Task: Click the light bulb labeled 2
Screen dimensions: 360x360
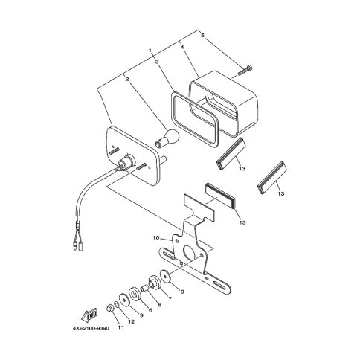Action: click(x=167, y=138)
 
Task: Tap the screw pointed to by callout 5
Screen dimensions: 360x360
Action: click(x=245, y=70)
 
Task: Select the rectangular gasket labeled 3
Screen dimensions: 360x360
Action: click(x=195, y=118)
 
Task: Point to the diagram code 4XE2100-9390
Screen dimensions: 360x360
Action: click(x=91, y=328)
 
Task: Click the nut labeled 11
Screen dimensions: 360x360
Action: click(x=110, y=309)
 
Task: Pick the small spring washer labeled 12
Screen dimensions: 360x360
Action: click(x=117, y=304)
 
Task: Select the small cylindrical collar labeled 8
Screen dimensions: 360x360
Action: click(x=144, y=289)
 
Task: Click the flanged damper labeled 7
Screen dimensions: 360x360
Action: click(x=155, y=282)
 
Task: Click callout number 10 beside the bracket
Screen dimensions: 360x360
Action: click(x=156, y=238)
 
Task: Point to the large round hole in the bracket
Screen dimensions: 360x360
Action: click(x=189, y=253)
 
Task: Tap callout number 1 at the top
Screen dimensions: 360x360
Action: click(x=150, y=51)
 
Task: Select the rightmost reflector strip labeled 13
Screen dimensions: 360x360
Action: click(x=272, y=177)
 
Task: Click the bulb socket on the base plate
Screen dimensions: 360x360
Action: click(x=127, y=161)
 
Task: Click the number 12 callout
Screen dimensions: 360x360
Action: click(x=131, y=321)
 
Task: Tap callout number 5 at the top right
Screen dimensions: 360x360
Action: click(x=203, y=35)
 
